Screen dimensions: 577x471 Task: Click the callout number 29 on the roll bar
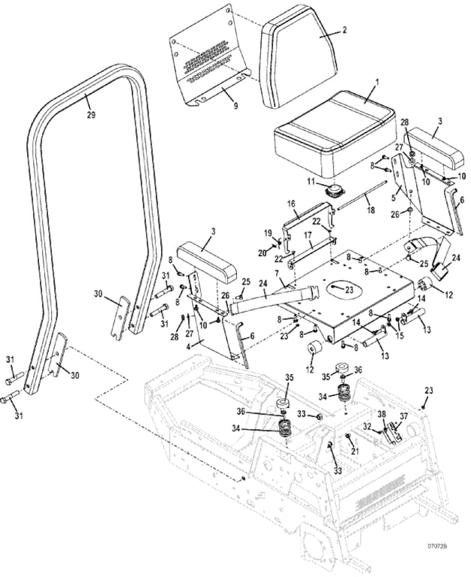91,115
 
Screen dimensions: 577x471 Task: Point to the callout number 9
235,107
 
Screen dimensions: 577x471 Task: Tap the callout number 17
307,236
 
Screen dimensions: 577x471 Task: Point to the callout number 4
189,347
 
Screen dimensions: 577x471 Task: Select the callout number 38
382,414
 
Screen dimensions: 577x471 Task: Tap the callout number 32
366,427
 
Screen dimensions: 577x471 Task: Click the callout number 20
263,252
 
